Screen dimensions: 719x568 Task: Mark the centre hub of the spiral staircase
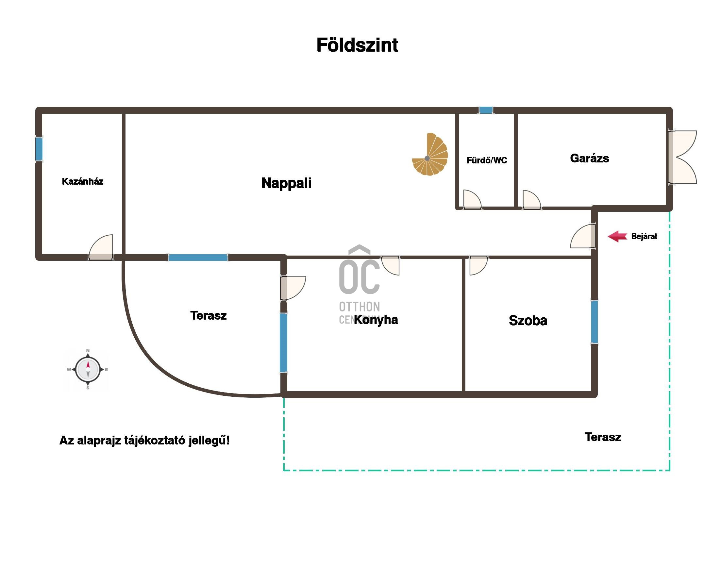427,158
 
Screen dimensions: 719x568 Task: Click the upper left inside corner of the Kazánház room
42,114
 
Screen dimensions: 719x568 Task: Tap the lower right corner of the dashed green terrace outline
669,470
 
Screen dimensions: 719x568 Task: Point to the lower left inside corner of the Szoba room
465,391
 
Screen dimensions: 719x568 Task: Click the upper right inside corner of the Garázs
666,114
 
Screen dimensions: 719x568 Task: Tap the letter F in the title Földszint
322,45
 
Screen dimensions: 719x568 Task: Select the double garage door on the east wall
682,157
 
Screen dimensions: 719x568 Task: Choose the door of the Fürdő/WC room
472,200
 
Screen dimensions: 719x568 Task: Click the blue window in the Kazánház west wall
39,149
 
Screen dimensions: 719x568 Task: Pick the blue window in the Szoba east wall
594,322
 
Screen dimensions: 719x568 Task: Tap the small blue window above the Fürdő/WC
486,110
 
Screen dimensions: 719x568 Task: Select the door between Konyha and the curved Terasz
293,288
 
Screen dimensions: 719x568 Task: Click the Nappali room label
286,183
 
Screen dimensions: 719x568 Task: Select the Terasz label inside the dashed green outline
603,437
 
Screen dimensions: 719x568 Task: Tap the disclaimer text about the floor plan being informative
145,441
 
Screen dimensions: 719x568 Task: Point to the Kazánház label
82,181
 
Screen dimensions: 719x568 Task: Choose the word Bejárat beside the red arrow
644,236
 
